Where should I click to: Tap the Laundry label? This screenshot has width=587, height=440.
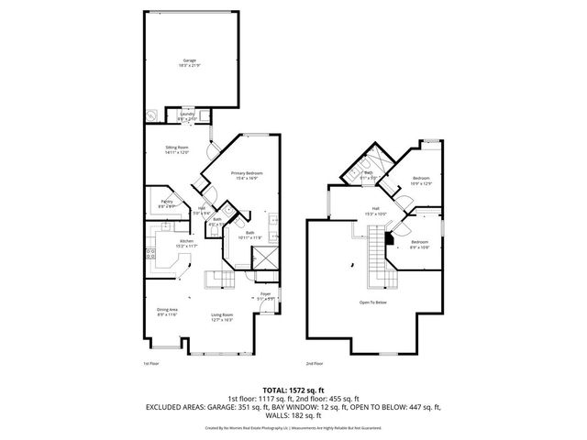(x=187, y=115)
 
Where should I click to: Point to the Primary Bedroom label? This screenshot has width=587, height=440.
(x=247, y=173)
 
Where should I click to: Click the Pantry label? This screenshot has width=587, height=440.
(x=167, y=203)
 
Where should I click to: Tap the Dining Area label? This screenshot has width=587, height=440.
(x=166, y=312)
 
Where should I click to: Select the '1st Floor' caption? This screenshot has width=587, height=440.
(x=151, y=363)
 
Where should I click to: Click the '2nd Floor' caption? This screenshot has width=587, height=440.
(x=315, y=363)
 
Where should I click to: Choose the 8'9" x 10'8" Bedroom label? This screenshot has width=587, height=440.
(x=419, y=244)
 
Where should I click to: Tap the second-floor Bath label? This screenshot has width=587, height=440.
(x=367, y=174)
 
